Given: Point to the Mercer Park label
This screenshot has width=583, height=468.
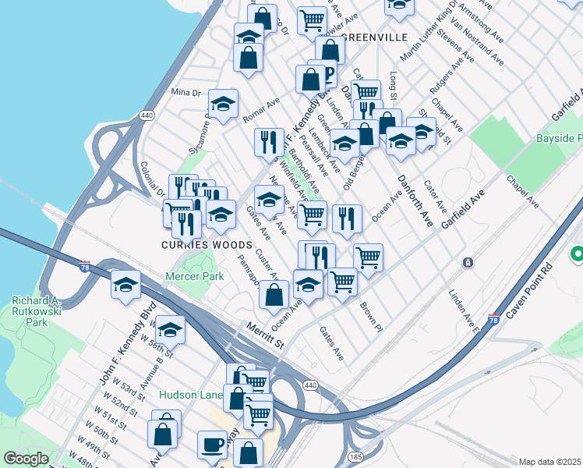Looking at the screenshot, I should click(x=194, y=276).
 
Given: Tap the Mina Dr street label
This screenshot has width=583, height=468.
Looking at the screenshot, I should click(x=185, y=92).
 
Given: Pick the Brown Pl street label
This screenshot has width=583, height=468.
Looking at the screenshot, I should click(x=369, y=313).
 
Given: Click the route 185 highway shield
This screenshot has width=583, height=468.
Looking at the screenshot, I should click(x=355, y=454).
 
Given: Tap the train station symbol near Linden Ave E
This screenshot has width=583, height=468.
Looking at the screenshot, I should click(x=468, y=263).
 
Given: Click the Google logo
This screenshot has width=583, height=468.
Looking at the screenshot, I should click(x=26, y=459).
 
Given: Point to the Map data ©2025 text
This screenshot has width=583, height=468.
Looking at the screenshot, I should click(x=549, y=462).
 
